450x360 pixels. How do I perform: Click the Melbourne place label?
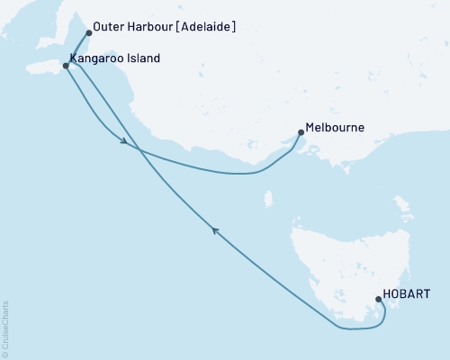pyautogui.click(x=335, y=128)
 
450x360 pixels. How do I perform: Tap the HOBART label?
pyautogui.click(x=406, y=294)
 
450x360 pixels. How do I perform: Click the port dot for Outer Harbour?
pyautogui.click(x=88, y=32)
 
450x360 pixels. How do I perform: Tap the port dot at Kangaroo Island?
pyautogui.click(x=66, y=65)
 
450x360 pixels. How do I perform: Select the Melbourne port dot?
pyautogui.click(x=300, y=133)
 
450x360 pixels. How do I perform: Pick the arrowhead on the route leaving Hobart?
pyautogui.click(x=215, y=230)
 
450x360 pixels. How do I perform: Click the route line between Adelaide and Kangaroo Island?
pyautogui.click(x=77, y=49)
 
